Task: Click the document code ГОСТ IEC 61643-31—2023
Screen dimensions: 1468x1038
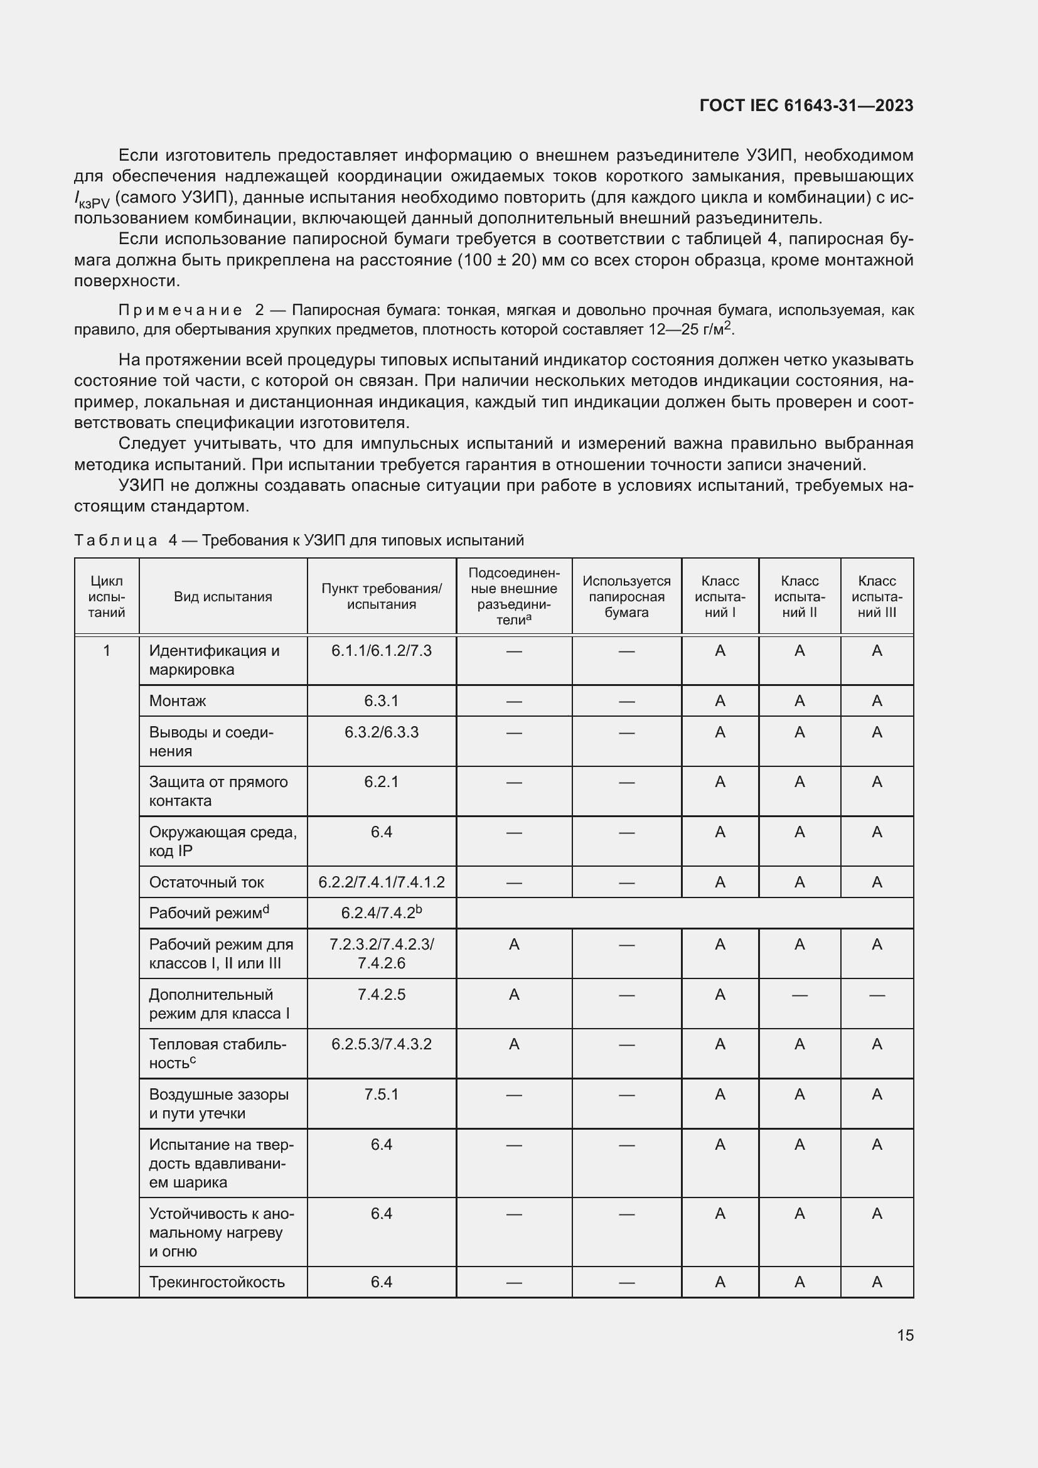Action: (806, 105)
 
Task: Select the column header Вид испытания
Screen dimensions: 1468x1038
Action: (222, 596)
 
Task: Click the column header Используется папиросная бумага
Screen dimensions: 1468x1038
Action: (626, 596)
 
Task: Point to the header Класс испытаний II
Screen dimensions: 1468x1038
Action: (799, 596)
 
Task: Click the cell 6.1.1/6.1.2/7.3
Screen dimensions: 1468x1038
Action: (381, 651)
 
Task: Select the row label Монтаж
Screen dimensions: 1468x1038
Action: (178, 701)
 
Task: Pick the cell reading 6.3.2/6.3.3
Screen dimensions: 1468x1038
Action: (381, 732)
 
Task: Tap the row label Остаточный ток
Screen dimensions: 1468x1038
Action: (206, 882)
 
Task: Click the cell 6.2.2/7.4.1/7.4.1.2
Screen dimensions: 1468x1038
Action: (381, 882)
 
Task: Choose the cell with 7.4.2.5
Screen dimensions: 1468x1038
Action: (381, 995)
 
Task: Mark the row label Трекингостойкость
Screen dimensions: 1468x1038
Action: (216, 1282)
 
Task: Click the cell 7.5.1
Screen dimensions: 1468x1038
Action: (381, 1095)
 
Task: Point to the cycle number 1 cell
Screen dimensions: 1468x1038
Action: (107, 651)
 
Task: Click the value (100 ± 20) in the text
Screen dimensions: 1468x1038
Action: (496, 260)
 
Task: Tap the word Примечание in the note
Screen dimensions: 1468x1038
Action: (180, 310)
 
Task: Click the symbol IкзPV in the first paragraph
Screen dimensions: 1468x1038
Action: (92, 200)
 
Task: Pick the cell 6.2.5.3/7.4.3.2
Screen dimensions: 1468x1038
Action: (381, 1044)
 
